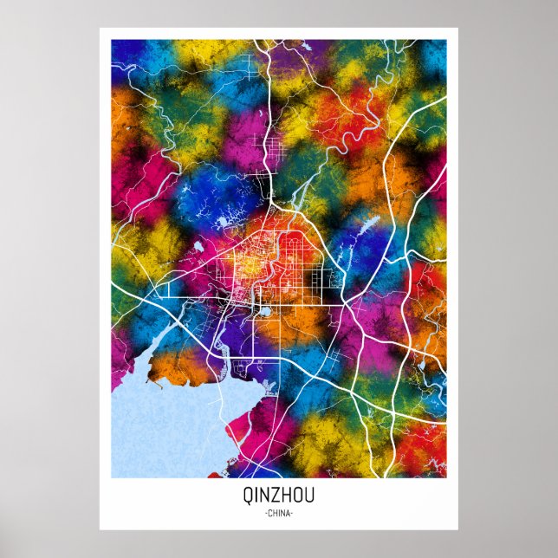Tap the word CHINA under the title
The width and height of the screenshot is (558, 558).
point(278,513)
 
